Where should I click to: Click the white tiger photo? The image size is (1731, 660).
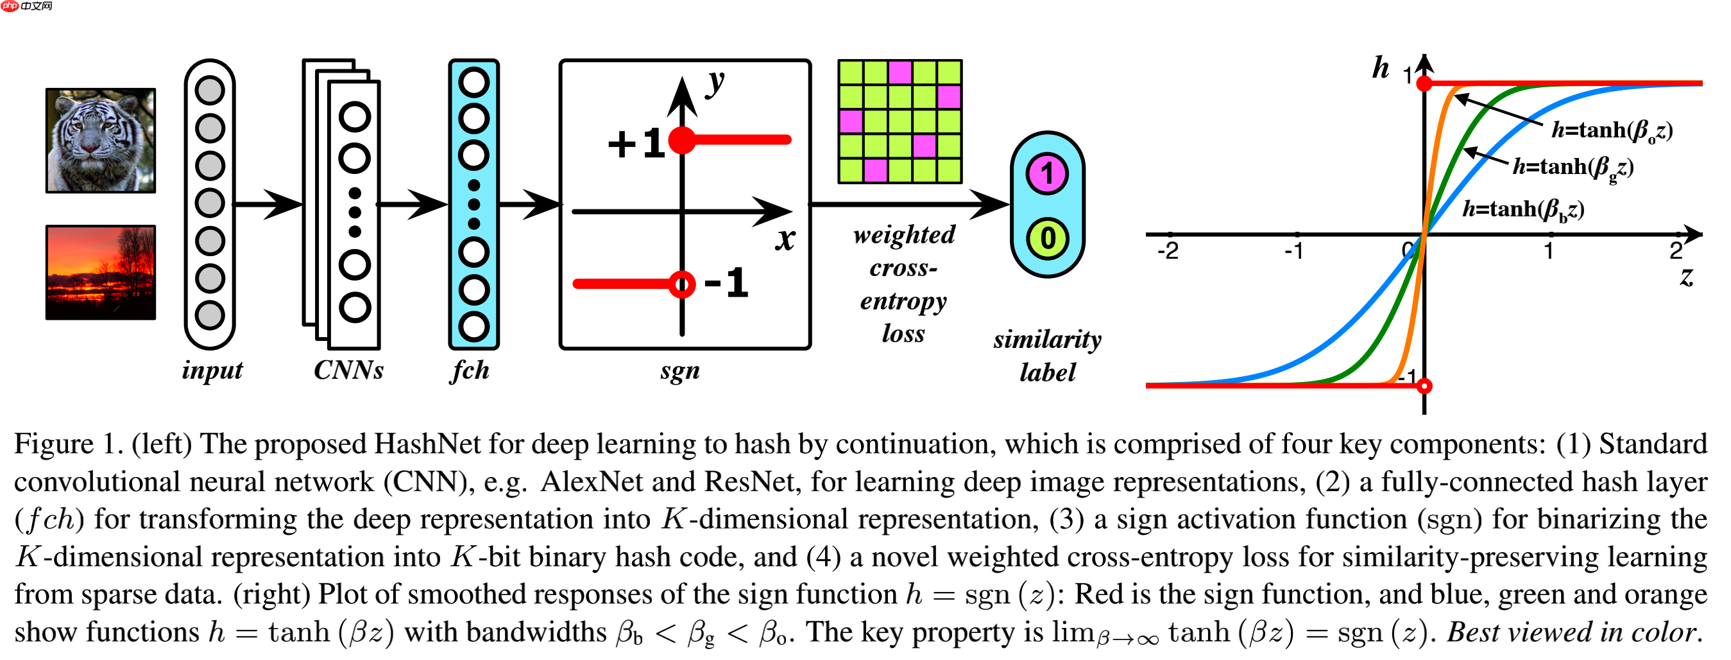coord(101,141)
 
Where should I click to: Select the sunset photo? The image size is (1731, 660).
coord(101,272)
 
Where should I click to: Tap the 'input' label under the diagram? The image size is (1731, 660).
coord(212,370)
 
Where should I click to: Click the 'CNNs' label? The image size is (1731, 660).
coord(348,370)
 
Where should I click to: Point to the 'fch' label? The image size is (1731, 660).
coord(470,370)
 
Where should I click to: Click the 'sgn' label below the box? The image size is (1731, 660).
coord(679,370)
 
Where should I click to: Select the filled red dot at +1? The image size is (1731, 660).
coord(682,140)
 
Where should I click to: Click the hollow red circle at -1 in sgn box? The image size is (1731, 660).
coord(682,284)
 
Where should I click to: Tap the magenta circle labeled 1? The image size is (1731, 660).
coord(1047,175)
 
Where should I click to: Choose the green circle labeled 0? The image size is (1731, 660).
coord(1047,238)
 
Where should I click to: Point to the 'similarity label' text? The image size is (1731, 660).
coord(1047,356)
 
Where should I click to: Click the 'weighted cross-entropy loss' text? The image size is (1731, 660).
coord(903,284)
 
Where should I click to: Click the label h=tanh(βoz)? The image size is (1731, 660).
coord(1612,130)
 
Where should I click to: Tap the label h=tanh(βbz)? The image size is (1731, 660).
coord(1522,210)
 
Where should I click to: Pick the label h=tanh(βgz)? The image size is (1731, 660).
coord(1573,168)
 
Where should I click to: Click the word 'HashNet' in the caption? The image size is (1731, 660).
coord(427,444)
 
